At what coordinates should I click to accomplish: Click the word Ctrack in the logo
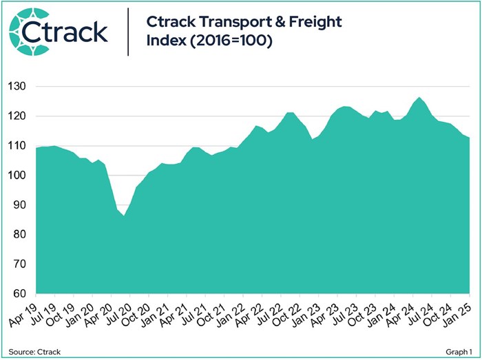pos(73,32)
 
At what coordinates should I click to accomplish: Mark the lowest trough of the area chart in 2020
pos(123,215)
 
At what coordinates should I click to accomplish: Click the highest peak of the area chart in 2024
pos(419,98)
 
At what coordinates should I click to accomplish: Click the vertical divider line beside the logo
pos(129,32)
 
